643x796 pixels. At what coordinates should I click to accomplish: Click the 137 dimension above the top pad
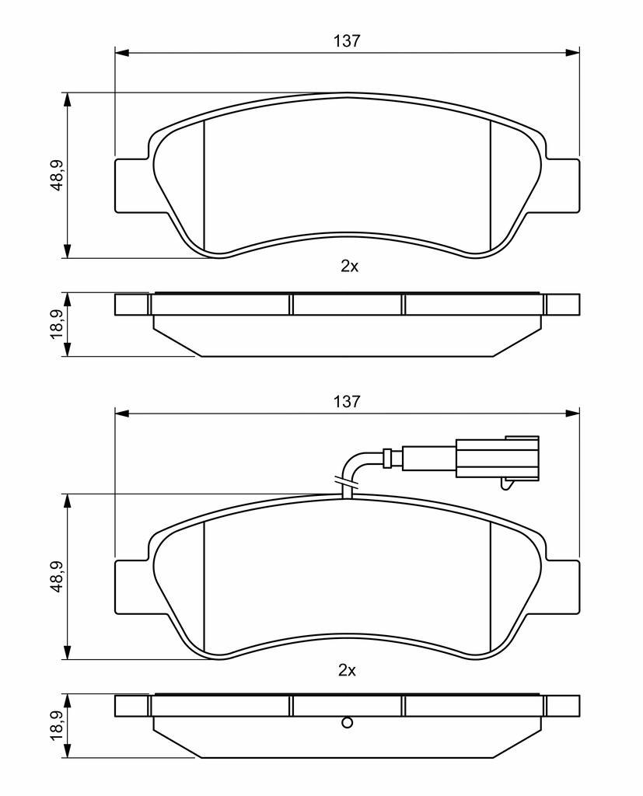(347, 40)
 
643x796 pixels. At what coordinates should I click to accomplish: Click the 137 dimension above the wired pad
(347, 402)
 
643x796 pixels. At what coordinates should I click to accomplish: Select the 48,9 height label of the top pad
(57, 175)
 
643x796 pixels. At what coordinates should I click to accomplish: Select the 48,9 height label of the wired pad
(57, 576)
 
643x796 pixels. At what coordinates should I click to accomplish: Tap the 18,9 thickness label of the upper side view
(57, 324)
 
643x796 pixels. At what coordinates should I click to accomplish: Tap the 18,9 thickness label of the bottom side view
(57, 725)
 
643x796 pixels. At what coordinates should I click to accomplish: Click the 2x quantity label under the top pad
(349, 266)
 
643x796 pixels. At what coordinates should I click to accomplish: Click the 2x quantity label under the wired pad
(347, 671)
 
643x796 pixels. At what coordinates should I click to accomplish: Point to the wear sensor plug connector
(498, 457)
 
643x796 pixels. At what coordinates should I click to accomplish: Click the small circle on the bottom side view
(347, 722)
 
